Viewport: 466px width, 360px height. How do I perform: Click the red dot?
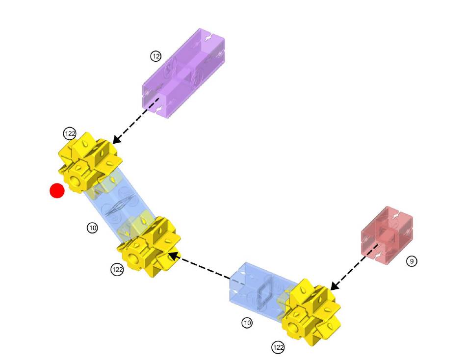tap(57, 191)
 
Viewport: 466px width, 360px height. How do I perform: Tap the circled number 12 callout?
tap(156, 56)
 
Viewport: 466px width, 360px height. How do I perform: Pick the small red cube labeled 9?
tap(387, 235)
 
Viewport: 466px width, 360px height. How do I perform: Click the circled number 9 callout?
tap(412, 261)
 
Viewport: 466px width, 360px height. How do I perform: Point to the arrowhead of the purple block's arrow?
tap(116, 140)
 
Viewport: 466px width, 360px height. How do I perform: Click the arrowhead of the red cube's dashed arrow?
tap(333, 286)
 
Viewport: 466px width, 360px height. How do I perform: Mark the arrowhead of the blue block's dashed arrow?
tap(172, 255)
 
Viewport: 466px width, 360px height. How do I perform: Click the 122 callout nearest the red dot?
tap(70, 134)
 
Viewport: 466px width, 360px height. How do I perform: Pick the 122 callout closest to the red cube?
tap(278, 348)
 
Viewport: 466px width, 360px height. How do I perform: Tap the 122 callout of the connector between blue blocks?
tap(117, 269)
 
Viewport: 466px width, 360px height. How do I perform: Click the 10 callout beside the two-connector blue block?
tap(92, 228)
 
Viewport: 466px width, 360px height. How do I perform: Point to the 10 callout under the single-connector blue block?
tap(247, 323)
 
